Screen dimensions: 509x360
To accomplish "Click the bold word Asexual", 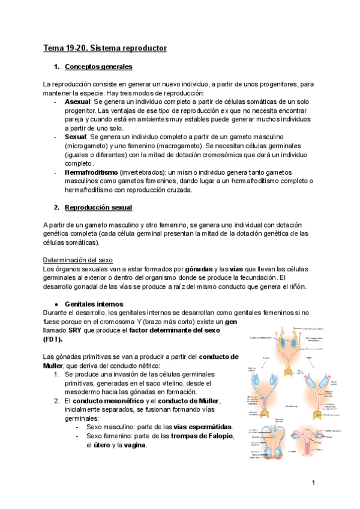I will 76,103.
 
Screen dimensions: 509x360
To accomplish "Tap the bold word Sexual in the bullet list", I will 75,137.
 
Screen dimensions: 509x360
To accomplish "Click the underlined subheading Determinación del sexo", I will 78,261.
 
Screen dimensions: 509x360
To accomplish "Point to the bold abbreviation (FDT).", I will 53,339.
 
